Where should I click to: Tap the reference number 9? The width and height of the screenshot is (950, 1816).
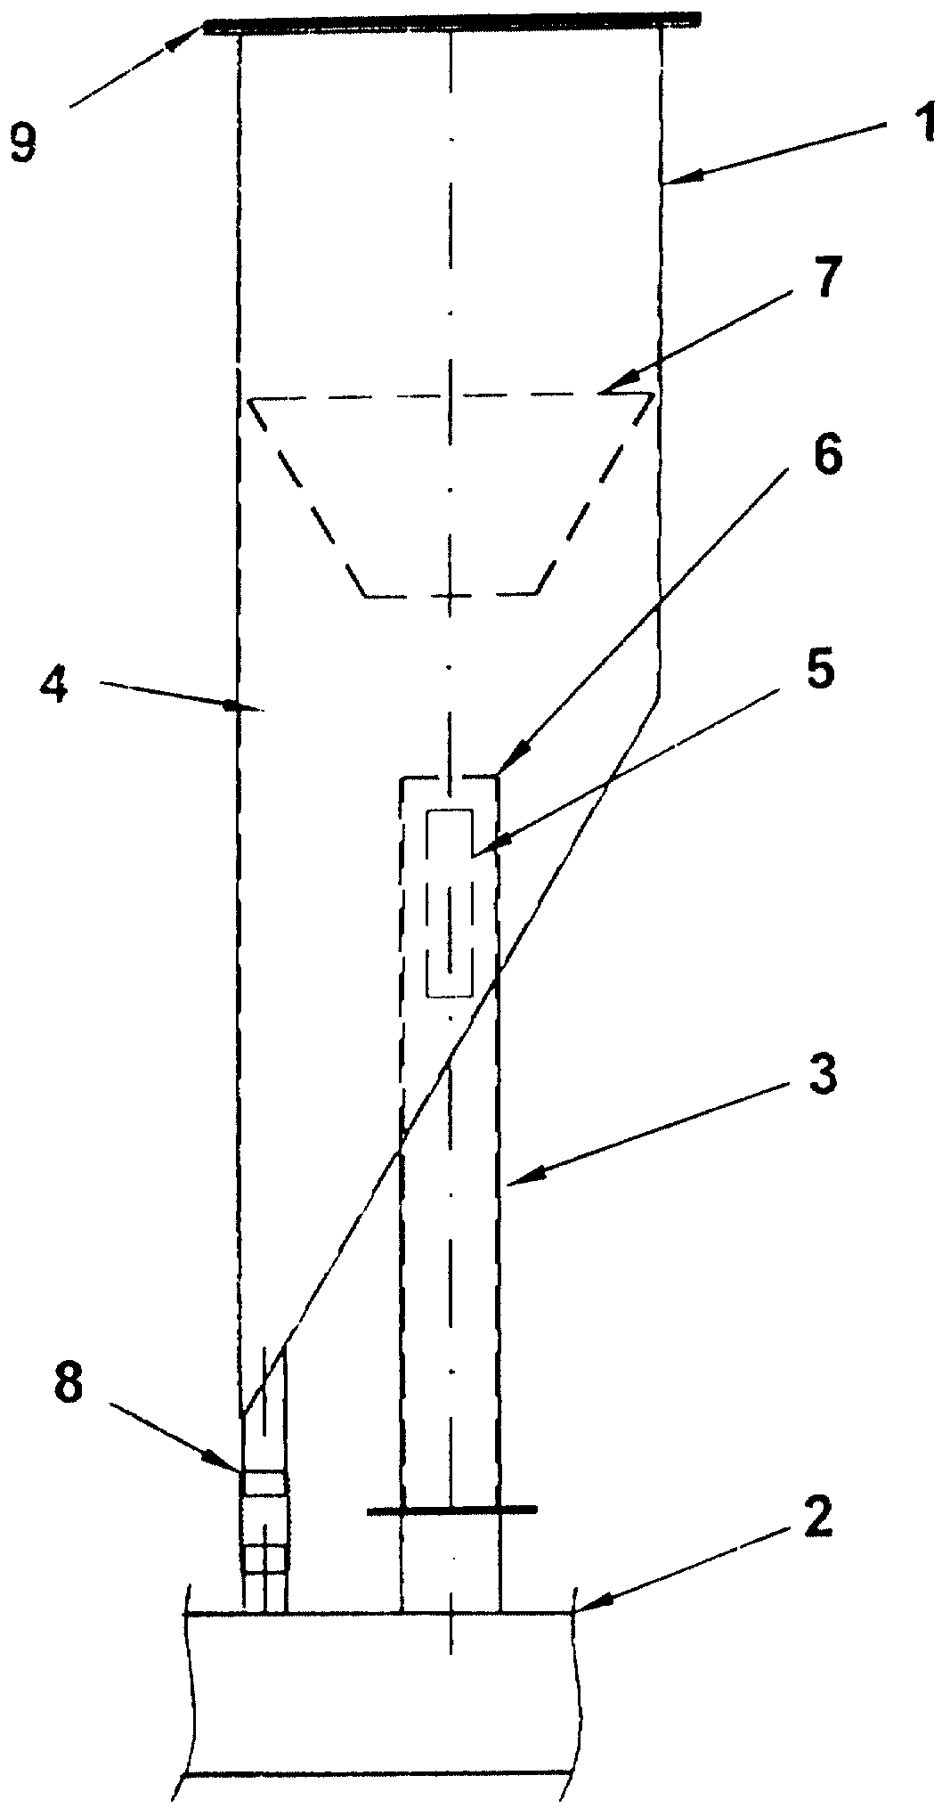[x=24, y=143]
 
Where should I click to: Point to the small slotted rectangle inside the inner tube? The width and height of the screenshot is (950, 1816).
[x=451, y=903]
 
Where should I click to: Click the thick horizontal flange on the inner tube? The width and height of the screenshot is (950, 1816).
[x=452, y=1509]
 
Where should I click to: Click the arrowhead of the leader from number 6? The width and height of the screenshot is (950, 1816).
[x=508, y=766]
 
